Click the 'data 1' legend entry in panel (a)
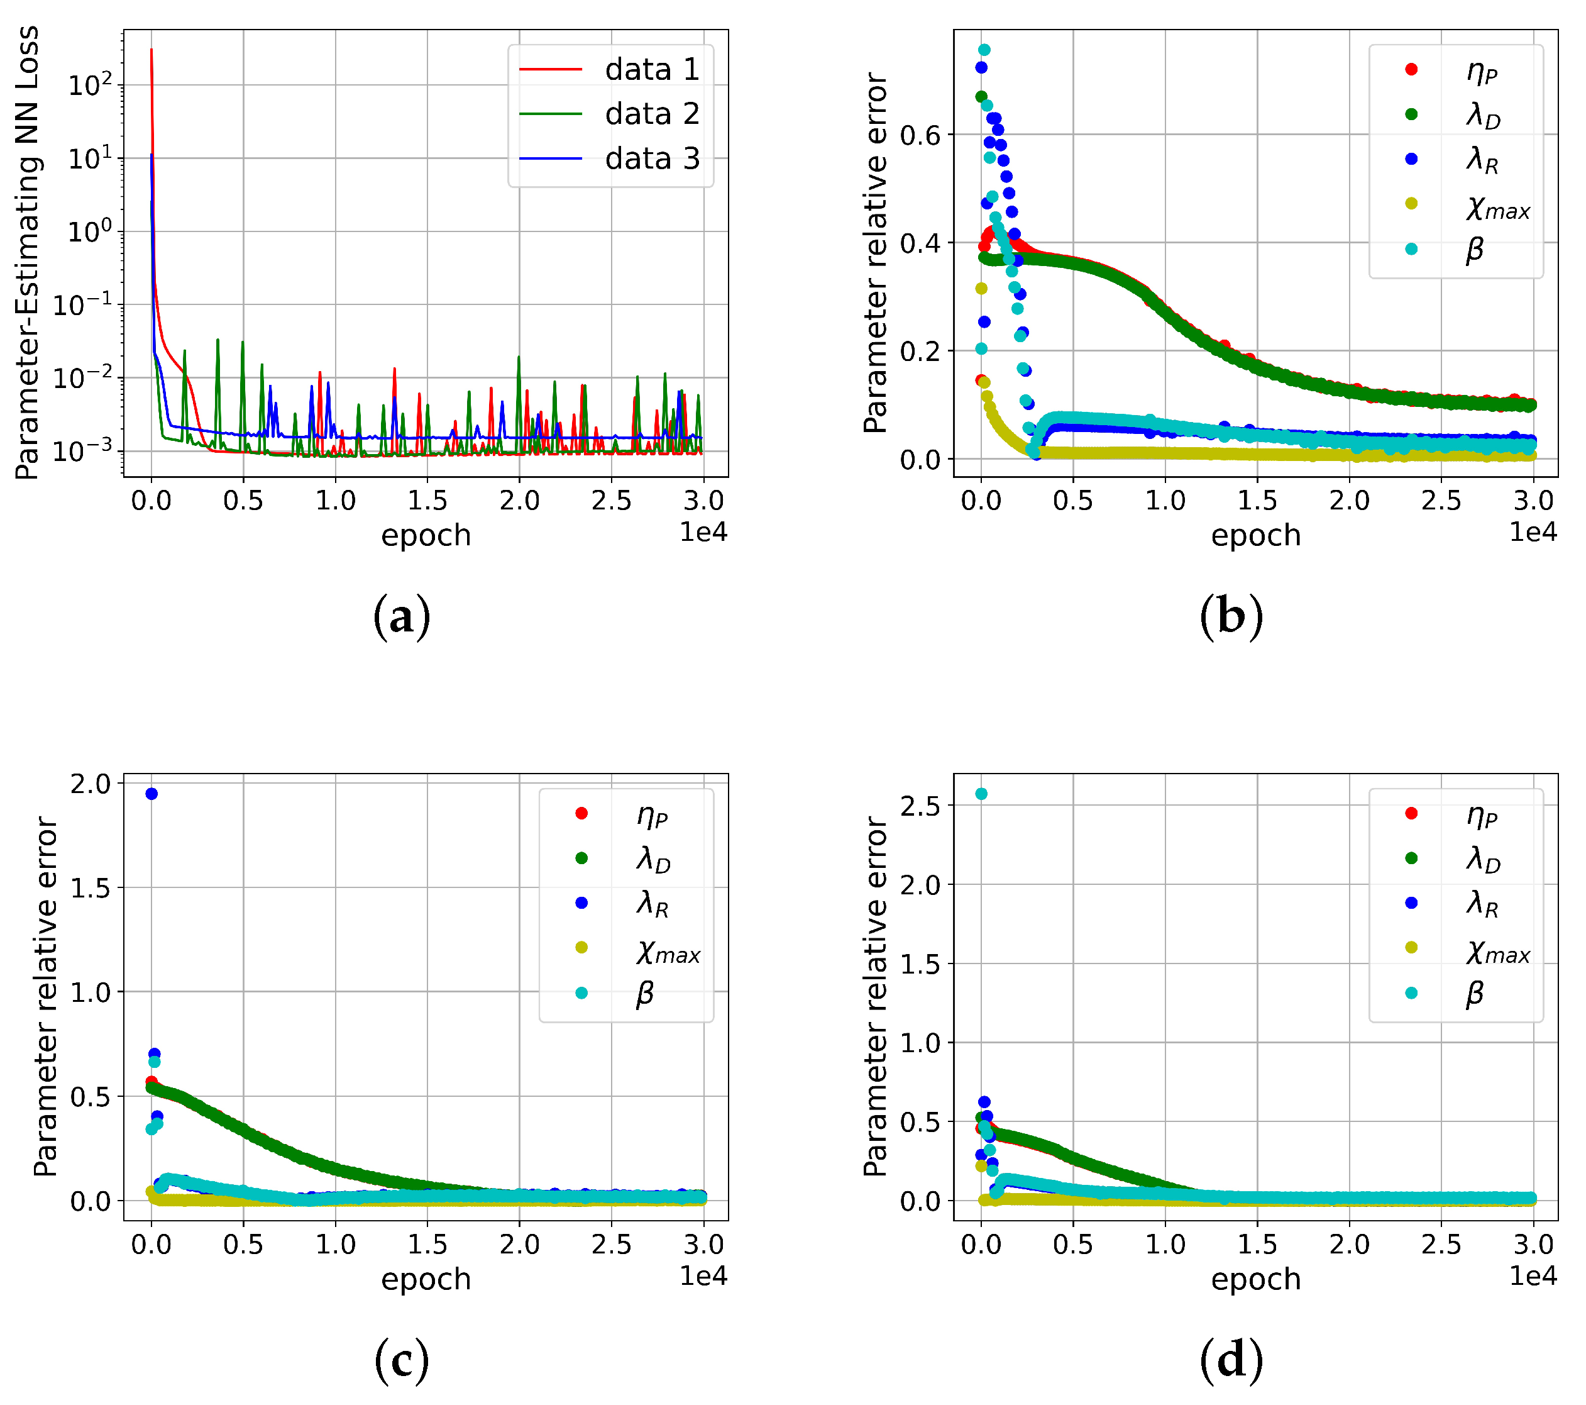point(651,70)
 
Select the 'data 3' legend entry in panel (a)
point(651,158)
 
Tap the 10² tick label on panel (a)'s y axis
point(90,84)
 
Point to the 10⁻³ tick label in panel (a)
point(82,450)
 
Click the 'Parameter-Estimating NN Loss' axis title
point(28,253)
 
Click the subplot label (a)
point(401,617)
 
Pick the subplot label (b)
point(1231,617)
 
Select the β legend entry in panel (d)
point(1474,993)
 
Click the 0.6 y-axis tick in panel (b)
point(920,136)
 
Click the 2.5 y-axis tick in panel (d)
point(920,806)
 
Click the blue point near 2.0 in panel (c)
point(151,793)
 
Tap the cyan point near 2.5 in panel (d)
point(981,793)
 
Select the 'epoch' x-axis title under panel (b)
point(1255,536)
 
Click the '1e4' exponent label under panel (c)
point(703,1276)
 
